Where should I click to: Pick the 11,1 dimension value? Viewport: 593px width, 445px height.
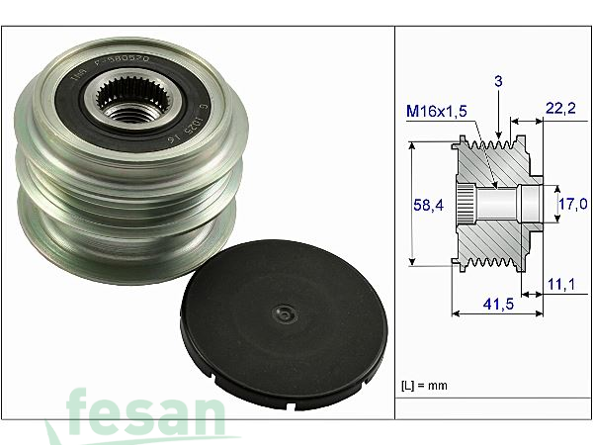[560, 285]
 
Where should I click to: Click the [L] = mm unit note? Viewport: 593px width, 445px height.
[425, 383]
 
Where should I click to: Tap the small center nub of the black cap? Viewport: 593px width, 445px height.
[284, 314]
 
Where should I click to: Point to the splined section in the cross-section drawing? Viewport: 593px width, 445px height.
[469, 204]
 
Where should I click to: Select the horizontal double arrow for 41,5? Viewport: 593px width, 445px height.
[497, 314]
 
